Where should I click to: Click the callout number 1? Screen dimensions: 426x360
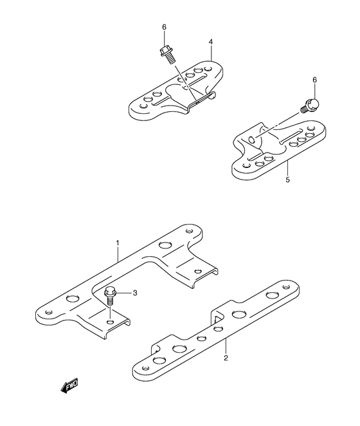(118, 243)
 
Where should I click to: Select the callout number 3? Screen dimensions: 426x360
(135, 293)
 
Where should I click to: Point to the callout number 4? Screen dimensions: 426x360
(210, 42)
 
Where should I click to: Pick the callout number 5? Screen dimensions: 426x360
(287, 180)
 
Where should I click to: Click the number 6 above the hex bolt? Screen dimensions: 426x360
(164, 26)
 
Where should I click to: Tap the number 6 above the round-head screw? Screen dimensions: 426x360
(314, 79)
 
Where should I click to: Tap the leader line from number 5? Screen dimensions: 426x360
(287, 168)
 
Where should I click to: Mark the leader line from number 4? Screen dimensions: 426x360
(210, 54)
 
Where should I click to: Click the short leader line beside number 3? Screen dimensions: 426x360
(125, 294)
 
